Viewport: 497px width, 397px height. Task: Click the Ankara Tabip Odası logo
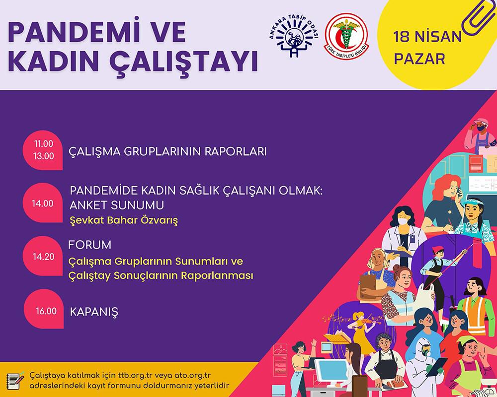pyautogui.click(x=293, y=36)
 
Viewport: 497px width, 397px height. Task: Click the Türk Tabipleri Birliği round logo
pyautogui.click(x=346, y=35)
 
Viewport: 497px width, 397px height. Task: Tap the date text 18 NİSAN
pyautogui.click(x=427, y=37)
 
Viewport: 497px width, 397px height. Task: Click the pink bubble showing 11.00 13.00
pyautogui.click(x=43, y=150)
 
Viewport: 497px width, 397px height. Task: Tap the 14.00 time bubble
pyautogui.click(x=43, y=203)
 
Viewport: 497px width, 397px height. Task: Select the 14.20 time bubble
pyautogui.click(x=43, y=256)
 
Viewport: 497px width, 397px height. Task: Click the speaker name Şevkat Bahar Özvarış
pyautogui.click(x=124, y=220)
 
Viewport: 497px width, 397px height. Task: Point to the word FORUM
pyautogui.click(x=89, y=245)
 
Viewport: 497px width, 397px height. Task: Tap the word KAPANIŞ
pyautogui.click(x=94, y=312)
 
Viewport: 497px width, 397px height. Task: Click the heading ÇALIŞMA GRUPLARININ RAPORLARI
pyautogui.click(x=167, y=151)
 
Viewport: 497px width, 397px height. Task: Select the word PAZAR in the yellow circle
pyautogui.click(x=419, y=59)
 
